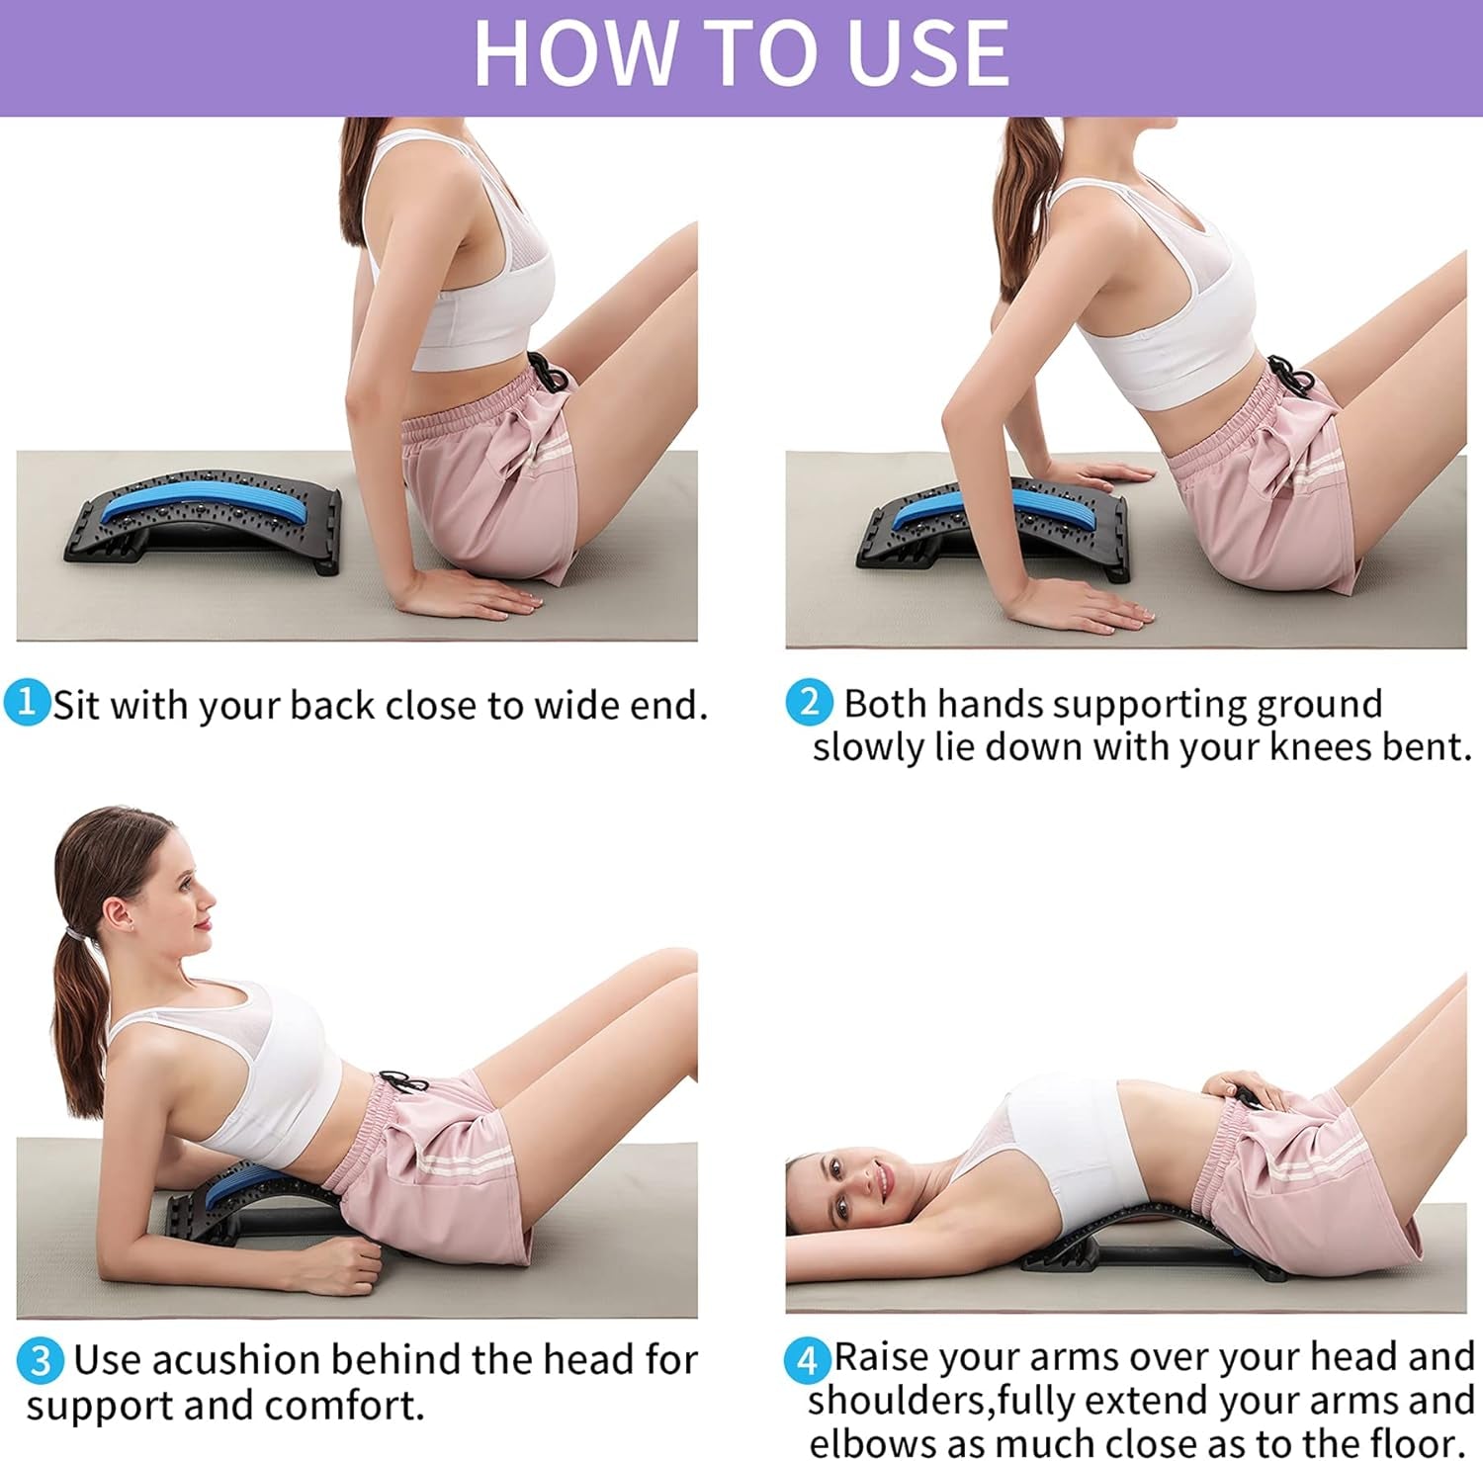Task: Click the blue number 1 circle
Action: point(27,702)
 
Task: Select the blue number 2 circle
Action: point(809,702)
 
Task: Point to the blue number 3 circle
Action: point(41,1361)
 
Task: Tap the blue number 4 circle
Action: point(808,1361)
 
